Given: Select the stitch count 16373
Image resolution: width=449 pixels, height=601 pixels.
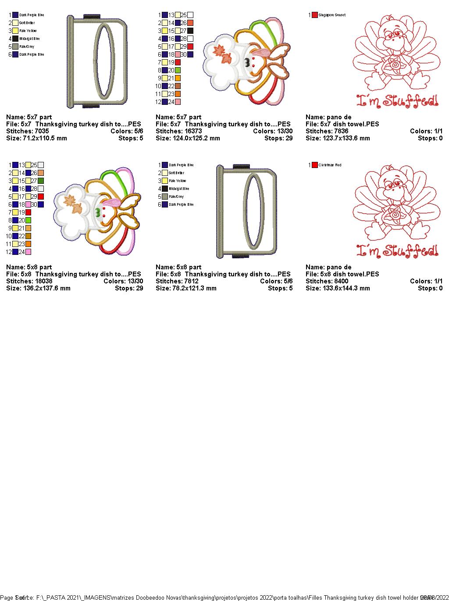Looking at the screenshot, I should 190,131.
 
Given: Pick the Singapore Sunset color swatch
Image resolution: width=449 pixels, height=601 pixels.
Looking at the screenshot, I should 315,15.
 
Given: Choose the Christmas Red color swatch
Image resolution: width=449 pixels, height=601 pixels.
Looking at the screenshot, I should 315,165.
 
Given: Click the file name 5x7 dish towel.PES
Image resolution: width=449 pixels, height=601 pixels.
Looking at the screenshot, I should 351,124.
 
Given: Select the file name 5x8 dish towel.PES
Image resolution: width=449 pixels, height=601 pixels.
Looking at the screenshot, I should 351,274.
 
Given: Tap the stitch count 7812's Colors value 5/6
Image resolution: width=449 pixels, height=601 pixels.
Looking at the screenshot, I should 287,281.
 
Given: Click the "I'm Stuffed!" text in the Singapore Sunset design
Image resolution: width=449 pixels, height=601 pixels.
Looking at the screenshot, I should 397,102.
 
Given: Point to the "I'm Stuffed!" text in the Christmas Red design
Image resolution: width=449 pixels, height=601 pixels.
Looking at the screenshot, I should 397,251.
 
